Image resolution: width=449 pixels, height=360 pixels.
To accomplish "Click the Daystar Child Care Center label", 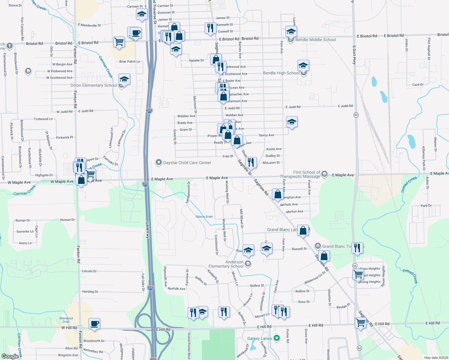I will click(187, 163).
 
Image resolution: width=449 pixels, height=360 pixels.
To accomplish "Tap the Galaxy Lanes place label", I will click(260, 338).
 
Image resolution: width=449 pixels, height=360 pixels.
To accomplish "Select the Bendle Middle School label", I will click(315, 40).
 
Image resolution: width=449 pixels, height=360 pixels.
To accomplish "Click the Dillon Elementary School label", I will click(94, 85).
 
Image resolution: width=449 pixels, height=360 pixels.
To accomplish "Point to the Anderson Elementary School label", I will click(226, 264).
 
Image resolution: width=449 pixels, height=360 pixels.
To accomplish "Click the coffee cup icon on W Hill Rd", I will click(95, 324).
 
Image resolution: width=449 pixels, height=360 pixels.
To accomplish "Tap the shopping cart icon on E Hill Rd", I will click(360, 323).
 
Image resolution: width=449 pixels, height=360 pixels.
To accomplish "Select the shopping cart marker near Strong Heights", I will click(358, 274).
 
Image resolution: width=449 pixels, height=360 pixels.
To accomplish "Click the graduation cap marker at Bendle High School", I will click(303, 65).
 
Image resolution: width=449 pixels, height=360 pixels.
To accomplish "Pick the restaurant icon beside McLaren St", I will click(251, 162).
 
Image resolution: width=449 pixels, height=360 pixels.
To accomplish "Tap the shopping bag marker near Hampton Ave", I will click(278, 194).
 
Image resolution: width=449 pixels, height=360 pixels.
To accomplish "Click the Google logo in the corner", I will click(10, 356).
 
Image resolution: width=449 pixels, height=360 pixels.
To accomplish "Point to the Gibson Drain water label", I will click(204, 217).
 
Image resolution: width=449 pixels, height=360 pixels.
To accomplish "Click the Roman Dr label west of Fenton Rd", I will click(23, 220).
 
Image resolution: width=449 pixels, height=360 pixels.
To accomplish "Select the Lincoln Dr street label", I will click(89, 271).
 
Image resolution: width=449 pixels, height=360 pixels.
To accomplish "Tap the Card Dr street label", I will click(418, 85).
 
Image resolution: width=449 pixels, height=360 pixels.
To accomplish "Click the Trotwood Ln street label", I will click(43, 119).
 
